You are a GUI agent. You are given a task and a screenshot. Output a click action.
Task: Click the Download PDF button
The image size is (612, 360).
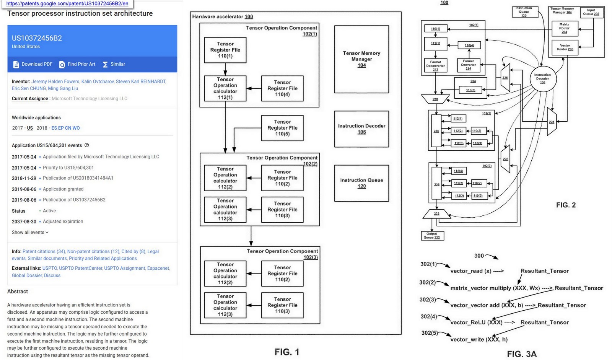coord(33,64)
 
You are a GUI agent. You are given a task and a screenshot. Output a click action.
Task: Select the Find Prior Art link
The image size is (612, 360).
coord(77,64)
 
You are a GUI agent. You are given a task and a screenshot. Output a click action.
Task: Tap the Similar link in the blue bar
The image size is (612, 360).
coord(114,64)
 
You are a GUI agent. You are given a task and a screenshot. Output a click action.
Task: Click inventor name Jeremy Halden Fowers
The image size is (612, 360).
coord(55,81)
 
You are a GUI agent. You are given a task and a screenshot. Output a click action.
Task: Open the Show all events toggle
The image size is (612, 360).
coord(30,232)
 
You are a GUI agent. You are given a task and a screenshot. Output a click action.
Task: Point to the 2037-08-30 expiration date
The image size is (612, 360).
coord(24,222)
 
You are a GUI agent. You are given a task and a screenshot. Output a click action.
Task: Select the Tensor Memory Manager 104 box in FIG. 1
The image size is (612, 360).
coord(361,59)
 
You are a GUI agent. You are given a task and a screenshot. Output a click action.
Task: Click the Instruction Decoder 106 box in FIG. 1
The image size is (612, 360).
coord(361,129)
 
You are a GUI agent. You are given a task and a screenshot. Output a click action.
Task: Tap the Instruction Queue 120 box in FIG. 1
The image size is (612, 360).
coord(361,183)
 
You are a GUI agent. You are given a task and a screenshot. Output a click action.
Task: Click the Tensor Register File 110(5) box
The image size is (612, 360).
coord(282,128)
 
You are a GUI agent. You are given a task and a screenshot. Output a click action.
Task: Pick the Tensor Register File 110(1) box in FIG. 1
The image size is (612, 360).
coord(225,50)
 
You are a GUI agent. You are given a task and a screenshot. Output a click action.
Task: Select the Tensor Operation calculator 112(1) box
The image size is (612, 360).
coord(225,88)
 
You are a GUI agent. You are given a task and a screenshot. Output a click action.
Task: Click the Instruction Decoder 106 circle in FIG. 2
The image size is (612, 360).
coord(543,78)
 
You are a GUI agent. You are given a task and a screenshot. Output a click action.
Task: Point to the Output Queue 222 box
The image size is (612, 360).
coord(432,235)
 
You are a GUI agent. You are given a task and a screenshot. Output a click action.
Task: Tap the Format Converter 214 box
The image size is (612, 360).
coord(469,65)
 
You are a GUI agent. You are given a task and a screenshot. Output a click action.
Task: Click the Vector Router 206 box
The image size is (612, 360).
coord(565,47)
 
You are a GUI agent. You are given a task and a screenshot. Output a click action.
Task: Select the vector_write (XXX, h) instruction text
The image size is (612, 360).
coord(479,339)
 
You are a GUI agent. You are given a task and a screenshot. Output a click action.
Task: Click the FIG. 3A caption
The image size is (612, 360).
coord(522,354)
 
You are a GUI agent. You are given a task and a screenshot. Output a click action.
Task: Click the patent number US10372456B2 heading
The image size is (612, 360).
coord(37,38)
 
